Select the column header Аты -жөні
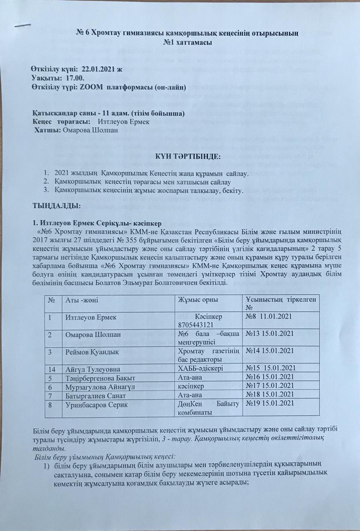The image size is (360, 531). pos(82,300)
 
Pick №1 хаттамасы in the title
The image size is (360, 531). pos(187,42)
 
